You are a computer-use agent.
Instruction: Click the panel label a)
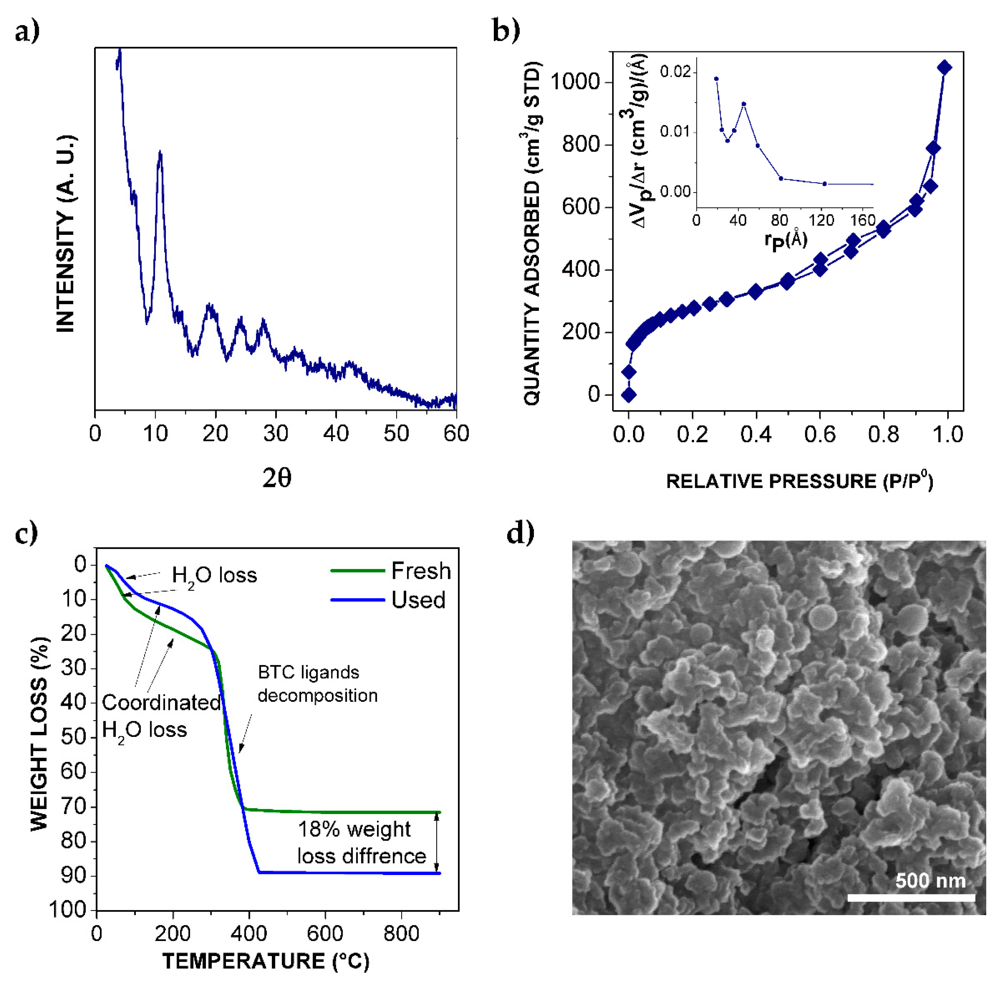click(x=27, y=32)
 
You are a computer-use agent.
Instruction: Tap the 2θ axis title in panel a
click(x=277, y=478)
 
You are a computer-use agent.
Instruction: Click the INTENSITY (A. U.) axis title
click(x=66, y=234)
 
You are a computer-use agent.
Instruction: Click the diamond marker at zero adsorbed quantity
click(x=629, y=395)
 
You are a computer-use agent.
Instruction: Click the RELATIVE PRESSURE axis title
click(x=799, y=481)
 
